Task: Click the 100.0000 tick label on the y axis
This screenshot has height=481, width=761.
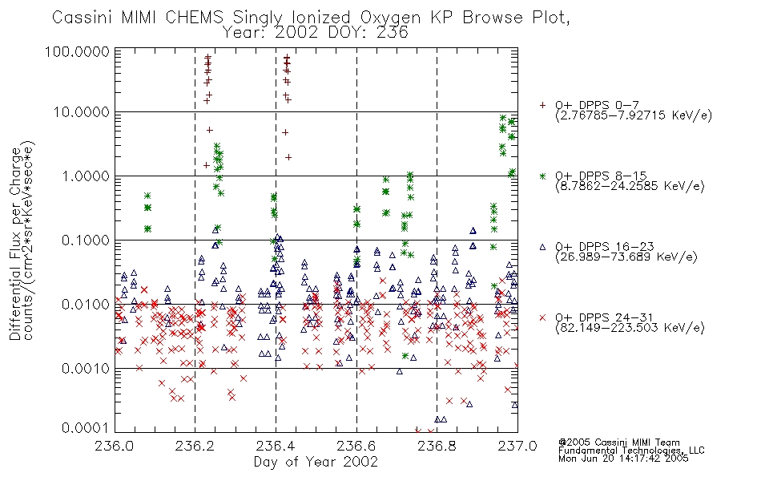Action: click(x=77, y=51)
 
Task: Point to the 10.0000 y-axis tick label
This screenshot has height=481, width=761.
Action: click(x=82, y=112)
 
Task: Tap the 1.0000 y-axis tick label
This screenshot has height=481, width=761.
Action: click(x=86, y=176)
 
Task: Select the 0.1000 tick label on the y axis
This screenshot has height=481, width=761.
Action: click(x=86, y=240)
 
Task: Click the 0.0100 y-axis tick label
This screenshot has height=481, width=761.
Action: click(x=86, y=304)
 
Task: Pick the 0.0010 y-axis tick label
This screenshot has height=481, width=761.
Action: click(x=86, y=368)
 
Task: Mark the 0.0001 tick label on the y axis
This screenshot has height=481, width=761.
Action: click(x=86, y=428)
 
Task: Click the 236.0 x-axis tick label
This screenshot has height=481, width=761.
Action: click(x=115, y=446)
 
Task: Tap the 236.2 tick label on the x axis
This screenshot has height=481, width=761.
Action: click(x=195, y=446)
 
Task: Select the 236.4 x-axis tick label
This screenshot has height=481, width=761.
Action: click(x=276, y=446)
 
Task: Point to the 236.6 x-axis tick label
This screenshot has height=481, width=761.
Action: click(x=356, y=446)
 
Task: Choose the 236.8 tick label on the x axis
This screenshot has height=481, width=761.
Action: click(x=437, y=446)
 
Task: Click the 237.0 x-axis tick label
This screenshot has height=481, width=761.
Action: click(x=517, y=446)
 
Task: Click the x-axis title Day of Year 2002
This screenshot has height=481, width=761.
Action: click(x=316, y=462)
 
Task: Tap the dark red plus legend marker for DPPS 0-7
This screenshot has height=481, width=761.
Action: click(x=542, y=105)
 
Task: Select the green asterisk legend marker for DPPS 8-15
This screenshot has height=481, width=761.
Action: click(x=542, y=176)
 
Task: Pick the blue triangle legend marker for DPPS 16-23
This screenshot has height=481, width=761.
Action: click(x=542, y=247)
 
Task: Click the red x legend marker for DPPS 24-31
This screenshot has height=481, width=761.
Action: click(x=542, y=317)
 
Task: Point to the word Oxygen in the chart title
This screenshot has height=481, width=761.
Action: click(x=390, y=18)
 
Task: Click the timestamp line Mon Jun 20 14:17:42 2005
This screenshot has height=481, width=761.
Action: click(x=623, y=459)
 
